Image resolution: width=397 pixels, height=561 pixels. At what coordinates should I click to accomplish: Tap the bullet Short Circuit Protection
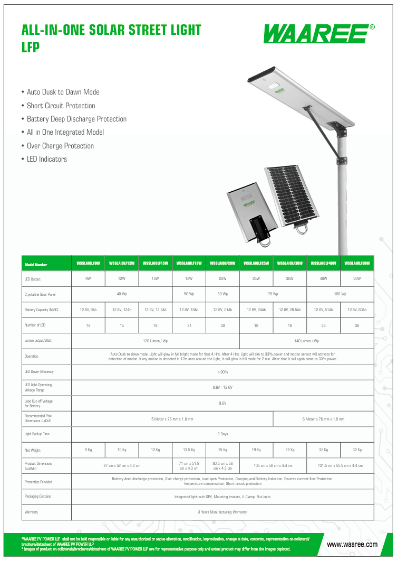point(61,106)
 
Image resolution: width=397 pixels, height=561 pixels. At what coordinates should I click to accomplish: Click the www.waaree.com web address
point(352,544)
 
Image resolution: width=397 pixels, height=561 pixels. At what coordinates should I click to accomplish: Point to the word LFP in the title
point(31,48)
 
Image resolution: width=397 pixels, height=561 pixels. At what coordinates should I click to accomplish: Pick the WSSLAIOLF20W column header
point(222,263)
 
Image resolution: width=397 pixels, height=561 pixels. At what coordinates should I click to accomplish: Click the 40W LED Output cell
point(323,278)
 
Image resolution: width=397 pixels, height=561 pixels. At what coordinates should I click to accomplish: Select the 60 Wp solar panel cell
point(222,294)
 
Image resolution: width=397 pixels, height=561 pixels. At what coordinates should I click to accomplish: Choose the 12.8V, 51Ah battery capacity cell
point(323,310)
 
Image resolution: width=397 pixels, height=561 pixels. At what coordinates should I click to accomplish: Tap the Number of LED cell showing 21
point(189,325)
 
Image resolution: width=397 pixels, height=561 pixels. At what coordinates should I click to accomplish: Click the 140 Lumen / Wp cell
point(306,341)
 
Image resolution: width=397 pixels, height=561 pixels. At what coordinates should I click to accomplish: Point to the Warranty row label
point(31,512)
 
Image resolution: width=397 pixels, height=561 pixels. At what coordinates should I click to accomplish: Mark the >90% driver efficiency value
point(222,372)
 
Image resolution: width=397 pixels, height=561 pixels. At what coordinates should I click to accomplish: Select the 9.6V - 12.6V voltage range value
point(222,387)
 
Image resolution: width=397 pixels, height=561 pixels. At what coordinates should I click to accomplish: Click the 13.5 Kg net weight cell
point(189,450)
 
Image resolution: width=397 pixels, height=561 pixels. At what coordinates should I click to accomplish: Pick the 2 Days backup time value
point(222,434)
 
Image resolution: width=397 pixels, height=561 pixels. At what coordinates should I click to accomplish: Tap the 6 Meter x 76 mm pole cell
point(323,419)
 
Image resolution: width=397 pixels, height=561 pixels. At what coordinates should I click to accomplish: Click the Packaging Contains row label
point(38,497)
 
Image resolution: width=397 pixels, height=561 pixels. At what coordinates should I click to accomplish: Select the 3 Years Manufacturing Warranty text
point(222,512)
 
